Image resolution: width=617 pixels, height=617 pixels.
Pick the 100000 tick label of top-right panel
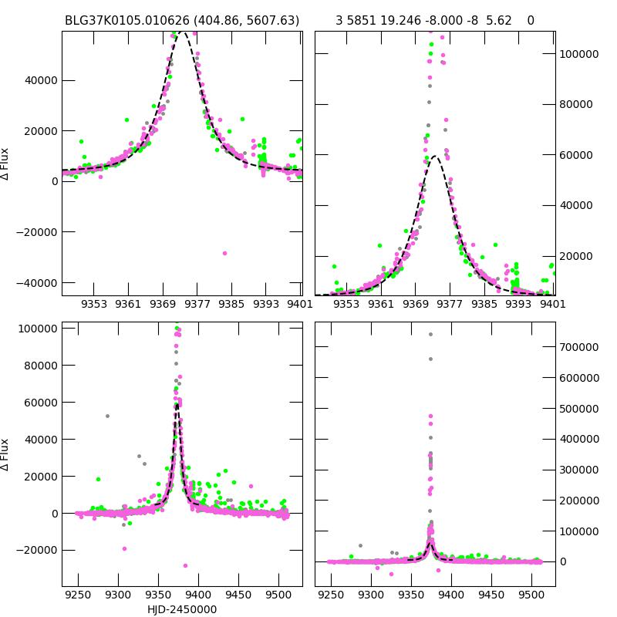pos(578,54)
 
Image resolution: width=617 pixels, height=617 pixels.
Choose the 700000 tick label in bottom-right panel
pos(578,347)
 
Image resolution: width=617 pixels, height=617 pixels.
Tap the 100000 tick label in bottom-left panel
pos(36,329)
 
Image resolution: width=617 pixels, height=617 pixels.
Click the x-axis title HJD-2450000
pos(182,609)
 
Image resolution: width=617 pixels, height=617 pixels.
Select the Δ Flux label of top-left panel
pos(6,164)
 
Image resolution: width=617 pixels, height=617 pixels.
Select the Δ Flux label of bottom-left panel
pos(6,454)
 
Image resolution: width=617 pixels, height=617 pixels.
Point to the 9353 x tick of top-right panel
pos(347,304)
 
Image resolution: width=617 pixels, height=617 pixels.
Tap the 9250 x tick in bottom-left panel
pos(78,595)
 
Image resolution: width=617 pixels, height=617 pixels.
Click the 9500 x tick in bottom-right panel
pos(531,595)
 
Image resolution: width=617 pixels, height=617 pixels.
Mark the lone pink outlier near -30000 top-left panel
pos(225,253)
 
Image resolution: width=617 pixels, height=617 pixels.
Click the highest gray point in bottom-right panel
pos(430,334)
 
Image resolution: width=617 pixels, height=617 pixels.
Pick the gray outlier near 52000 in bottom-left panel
pos(107,416)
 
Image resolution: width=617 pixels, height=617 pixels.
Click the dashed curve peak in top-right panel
pos(434,157)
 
